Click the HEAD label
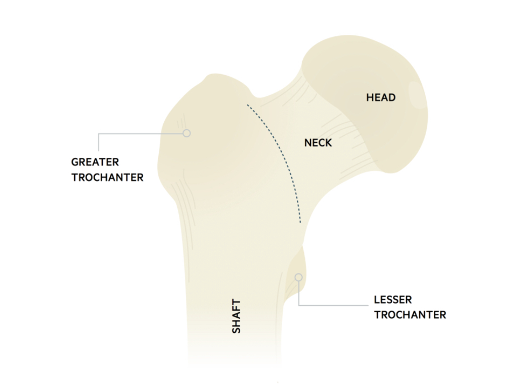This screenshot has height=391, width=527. (380, 98)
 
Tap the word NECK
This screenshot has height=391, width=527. (318, 143)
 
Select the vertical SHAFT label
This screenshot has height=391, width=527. (236, 316)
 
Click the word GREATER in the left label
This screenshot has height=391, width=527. (95, 162)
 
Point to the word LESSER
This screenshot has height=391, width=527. (392, 300)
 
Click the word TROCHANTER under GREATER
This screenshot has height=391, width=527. (107, 178)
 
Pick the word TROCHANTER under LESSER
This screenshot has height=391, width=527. (410, 315)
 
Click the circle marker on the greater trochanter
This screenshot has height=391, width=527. (187, 133)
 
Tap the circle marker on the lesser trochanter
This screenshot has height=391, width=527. (299, 277)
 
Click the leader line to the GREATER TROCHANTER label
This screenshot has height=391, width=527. (141, 134)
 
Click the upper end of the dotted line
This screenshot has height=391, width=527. (247, 105)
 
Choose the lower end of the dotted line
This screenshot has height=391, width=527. (300, 222)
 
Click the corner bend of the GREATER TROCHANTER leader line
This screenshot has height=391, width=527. (99, 134)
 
